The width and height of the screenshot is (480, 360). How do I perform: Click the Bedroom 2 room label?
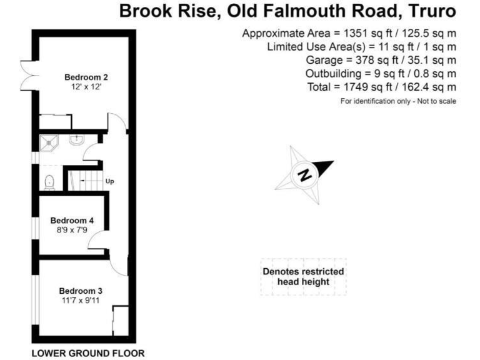tap(86, 77)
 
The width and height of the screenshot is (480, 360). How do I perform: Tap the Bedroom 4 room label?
tap(72, 221)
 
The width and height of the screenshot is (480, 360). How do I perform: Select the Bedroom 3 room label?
tap(81, 291)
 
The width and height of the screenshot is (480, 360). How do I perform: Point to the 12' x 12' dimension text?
tap(86, 87)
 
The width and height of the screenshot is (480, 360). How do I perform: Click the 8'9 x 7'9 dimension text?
tap(72, 230)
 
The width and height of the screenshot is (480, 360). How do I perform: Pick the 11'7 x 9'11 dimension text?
tap(81, 300)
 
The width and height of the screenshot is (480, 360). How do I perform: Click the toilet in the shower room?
tap(49, 182)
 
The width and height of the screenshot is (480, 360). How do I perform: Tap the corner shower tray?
tap(49, 143)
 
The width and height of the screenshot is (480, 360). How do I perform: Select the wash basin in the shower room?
tap(76, 139)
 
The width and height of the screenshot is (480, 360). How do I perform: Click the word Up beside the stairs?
tap(109, 181)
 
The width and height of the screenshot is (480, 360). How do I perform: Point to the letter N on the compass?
tap(304, 175)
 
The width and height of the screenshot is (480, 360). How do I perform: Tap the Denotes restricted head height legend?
tap(303, 277)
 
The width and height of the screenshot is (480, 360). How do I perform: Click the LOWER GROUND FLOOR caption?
tap(88, 353)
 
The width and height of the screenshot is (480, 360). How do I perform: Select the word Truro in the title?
tap(432, 11)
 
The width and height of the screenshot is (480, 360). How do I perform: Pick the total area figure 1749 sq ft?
tap(367, 87)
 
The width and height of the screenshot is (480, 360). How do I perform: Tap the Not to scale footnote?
tap(437, 101)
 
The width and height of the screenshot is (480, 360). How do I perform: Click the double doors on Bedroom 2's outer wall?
tap(30, 75)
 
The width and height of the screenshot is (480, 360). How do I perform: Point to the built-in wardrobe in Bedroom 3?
tap(120, 321)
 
